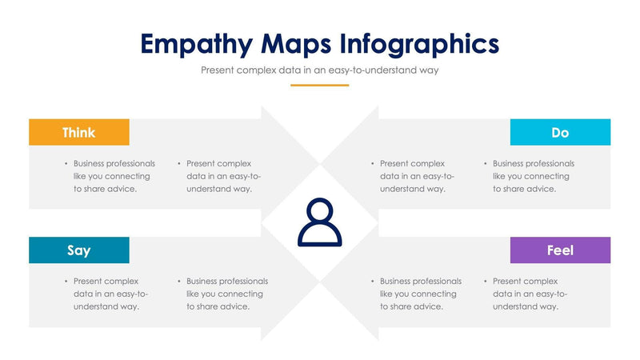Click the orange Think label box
click(x=79, y=132)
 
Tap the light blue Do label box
click(x=560, y=132)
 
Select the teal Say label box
click(x=79, y=250)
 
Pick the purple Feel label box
click(x=560, y=250)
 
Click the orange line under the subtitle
click(x=319, y=85)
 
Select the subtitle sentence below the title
click(x=319, y=70)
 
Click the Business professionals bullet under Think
click(x=112, y=176)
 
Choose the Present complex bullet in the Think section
click(x=222, y=176)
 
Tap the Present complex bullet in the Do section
click(x=416, y=176)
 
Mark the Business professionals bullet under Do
click(x=531, y=176)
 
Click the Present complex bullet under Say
click(x=110, y=294)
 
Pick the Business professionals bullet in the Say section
click(x=226, y=294)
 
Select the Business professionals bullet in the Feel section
click(x=419, y=294)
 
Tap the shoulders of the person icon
click(x=319, y=235)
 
